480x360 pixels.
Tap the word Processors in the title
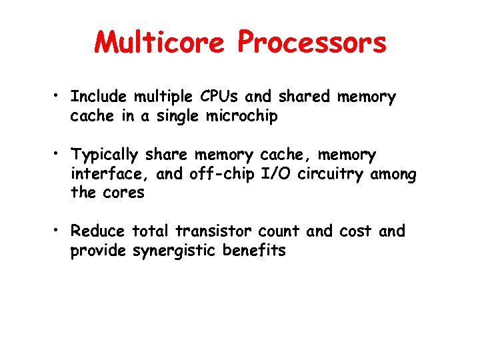312,43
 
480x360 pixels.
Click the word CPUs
217,97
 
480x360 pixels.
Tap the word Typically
105,156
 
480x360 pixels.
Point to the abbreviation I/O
273,175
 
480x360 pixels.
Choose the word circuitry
327,175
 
